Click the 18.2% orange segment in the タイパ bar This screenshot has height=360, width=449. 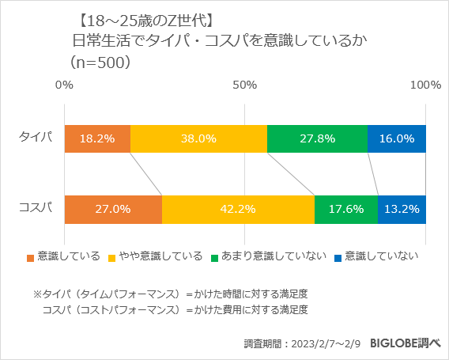click(97, 138)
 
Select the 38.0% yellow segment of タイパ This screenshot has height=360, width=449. click(198, 138)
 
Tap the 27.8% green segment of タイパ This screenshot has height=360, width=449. click(317, 138)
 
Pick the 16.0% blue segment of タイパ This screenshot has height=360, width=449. click(397, 138)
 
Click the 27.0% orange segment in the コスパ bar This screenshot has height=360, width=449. click(113, 209)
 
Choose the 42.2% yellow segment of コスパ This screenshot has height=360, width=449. click(238, 209)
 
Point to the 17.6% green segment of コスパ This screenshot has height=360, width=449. click(345, 209)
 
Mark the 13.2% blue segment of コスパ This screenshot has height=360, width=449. click(402, 209)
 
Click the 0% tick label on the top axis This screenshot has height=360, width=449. click(64, 85)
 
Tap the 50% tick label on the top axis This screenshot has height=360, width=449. click(245, 85)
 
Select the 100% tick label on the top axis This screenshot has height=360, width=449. click(425, 85)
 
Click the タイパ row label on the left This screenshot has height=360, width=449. click(36, 138)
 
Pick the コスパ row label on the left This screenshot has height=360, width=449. click(36, 208)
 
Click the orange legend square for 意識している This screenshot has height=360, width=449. click(31, 257)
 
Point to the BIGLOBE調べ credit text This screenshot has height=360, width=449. click(405, 343)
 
